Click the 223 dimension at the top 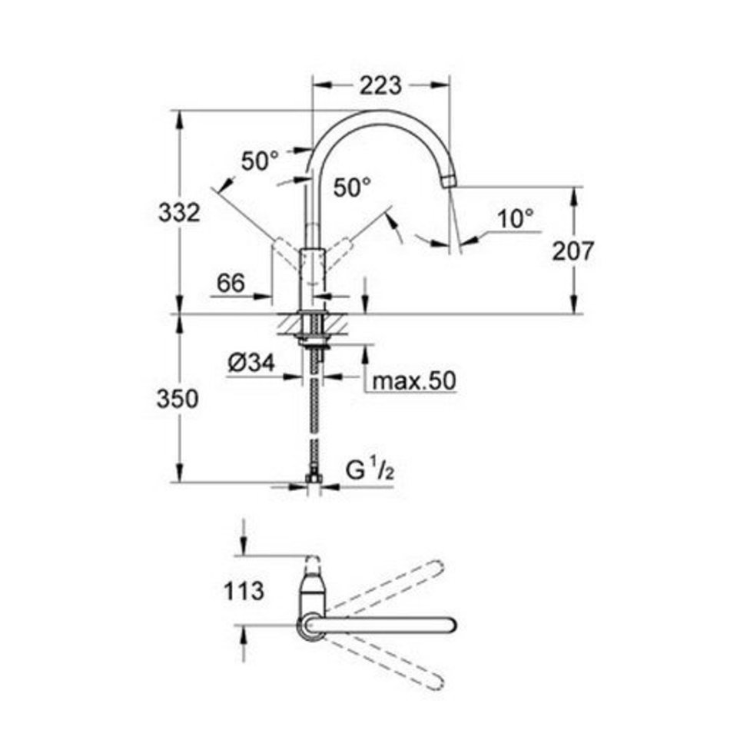(380, 85)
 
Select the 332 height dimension (179, 212)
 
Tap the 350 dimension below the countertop (178, 399)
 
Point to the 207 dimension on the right (573, 251)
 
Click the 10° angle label (516, 218)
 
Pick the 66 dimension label (231, 283)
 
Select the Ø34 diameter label (251, 363)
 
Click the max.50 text (414, 381)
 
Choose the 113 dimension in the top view (244, 591)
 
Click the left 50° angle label (260, 161)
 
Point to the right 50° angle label (353, 187)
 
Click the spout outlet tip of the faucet (449, 181)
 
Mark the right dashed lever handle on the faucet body (338, 254)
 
